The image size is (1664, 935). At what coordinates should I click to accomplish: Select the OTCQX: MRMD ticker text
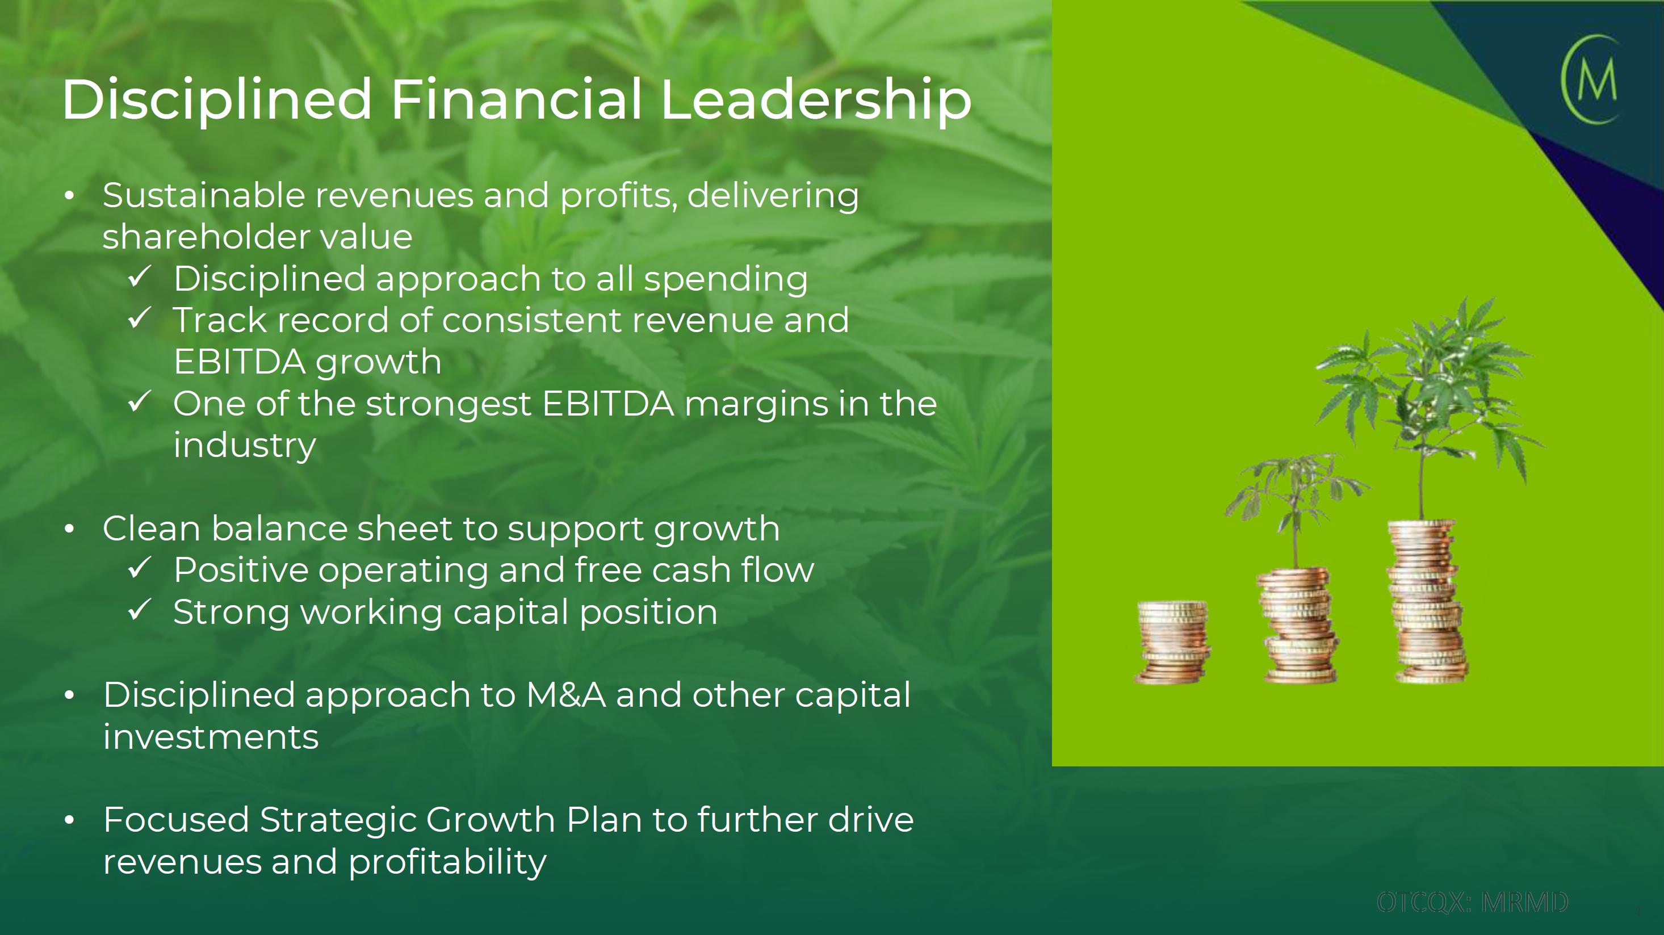[1472, 902]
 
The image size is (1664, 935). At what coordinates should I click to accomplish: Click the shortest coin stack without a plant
[1172, 642]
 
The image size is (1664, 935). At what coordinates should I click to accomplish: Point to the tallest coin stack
[1428, 601]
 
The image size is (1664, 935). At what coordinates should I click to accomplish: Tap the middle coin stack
[1298, 625]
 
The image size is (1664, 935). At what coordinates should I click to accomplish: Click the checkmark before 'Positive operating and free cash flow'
[140, 568]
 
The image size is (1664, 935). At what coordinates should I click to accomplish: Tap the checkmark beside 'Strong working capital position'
[140, 610]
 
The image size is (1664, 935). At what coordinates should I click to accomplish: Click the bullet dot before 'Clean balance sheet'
[70, 530]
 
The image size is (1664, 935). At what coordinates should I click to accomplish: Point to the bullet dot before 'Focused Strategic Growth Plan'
[70, 821]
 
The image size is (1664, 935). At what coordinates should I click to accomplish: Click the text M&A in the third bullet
[566, 695]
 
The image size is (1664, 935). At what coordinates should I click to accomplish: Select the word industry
[245, 446]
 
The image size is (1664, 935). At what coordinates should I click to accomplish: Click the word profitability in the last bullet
[448, 863]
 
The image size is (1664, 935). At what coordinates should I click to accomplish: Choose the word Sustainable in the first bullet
[203, 195]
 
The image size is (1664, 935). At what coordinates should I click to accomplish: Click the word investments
[211, 737]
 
